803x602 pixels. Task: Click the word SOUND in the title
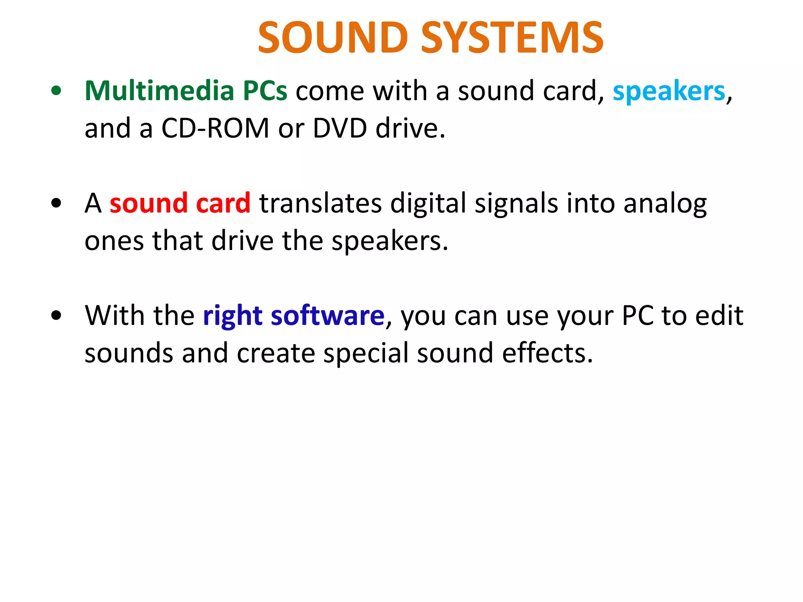333,38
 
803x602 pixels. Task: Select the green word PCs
265,91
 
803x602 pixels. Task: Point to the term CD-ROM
215,129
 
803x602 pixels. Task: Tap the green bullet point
56,91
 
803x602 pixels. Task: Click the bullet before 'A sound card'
56,203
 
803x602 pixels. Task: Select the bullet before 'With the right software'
56,316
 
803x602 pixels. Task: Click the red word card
223,203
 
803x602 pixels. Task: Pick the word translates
320,203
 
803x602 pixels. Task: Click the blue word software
327,316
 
